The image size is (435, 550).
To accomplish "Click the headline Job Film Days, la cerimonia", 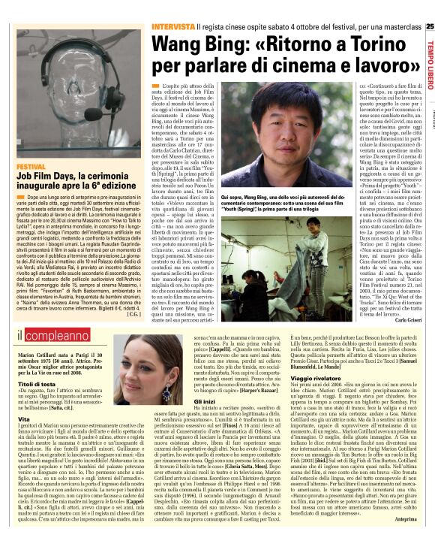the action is click(75, 180).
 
